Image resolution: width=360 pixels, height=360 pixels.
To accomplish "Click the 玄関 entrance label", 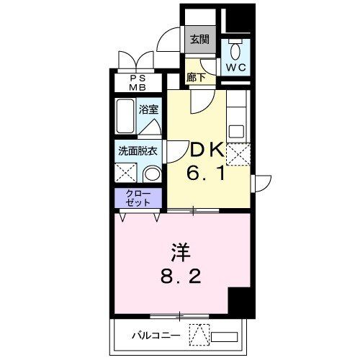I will coord(199,40).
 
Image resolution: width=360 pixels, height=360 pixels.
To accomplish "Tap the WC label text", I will coord(236,67).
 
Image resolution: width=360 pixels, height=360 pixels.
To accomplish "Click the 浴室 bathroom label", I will coord(150,110).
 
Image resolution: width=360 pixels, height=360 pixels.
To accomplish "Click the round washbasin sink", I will coord(152,174).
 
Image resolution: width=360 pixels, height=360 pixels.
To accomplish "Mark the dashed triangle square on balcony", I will coord(199,335).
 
